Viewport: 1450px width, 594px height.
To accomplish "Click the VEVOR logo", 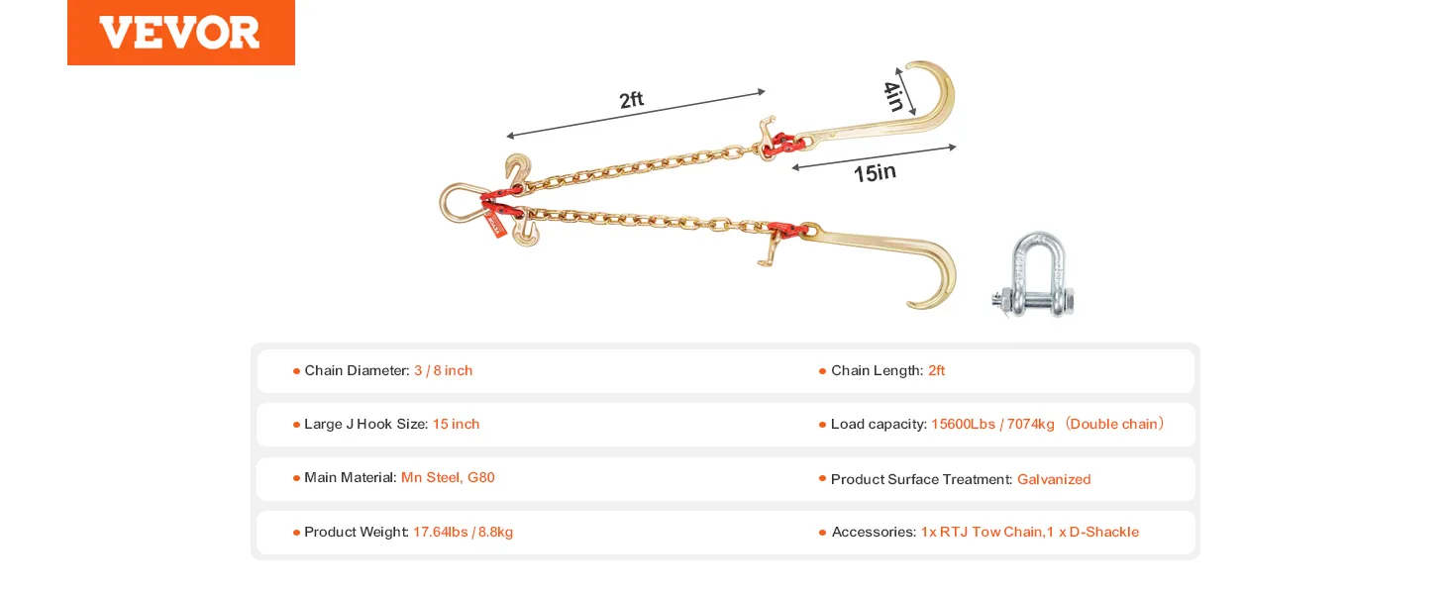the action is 180,33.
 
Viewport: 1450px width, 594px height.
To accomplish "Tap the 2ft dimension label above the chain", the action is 631,100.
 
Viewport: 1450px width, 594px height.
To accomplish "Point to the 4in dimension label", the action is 893,96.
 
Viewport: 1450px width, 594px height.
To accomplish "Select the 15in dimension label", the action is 875,173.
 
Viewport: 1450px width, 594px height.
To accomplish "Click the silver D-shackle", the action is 1033,275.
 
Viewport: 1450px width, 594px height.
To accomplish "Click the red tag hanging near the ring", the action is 495,225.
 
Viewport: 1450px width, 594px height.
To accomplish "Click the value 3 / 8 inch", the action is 444,371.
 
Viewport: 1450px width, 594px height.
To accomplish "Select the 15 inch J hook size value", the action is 457,424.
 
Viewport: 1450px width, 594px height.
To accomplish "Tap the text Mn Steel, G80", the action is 448,477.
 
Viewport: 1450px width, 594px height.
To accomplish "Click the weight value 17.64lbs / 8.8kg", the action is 463,532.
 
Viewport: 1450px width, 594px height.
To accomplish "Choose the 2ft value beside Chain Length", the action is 937,371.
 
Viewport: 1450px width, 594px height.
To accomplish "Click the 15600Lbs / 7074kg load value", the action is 993,424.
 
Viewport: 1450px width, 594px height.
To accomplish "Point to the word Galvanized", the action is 1054,479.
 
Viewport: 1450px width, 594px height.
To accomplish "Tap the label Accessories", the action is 874,532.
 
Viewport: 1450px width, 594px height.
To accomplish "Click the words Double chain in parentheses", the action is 1113,424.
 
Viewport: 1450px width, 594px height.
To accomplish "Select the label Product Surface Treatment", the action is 922,479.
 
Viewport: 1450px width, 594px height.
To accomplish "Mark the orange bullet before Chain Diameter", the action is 296,371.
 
